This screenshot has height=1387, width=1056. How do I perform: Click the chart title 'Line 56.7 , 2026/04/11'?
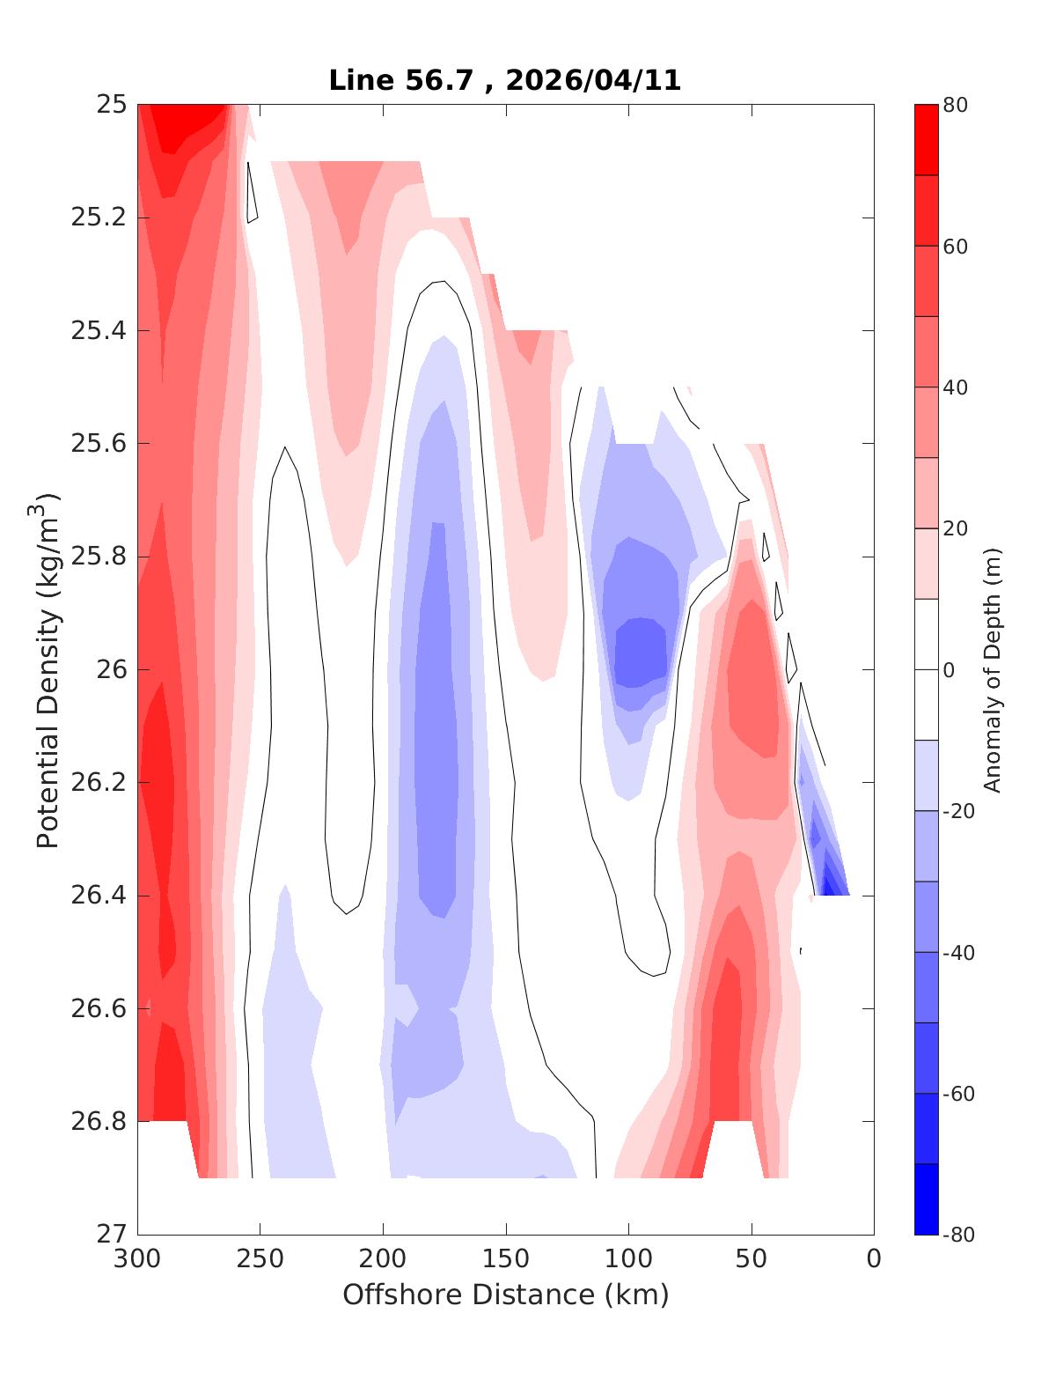[x=504, y=80]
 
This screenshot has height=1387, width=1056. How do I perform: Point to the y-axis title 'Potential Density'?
[x=48, y=669]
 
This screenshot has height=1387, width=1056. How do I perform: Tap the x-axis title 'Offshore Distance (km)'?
[x=505, y=1295]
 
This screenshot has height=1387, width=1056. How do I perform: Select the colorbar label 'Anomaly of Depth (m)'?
[x=992, y=669]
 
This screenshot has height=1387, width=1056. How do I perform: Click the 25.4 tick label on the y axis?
[x=99, y=331]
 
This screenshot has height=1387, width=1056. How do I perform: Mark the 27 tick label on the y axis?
[x=110, y=1235]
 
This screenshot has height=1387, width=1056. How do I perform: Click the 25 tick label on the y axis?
[x=110, y=105]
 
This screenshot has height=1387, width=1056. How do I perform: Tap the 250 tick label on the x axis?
[x=260, y=1259]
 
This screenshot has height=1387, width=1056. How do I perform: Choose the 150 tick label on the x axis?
[x=506, y=1259]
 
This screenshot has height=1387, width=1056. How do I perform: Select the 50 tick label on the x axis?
[x=752, y=1259]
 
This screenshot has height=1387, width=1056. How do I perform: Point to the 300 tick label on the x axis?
[x=138, y=1259]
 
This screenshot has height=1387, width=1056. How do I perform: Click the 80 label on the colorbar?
[x=956, y=105]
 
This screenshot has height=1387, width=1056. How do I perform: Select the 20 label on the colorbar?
[x=956, y=528]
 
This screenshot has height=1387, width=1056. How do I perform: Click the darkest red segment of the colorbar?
[x=926, y=140]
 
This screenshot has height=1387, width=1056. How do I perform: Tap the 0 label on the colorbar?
[x=949, y=670]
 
